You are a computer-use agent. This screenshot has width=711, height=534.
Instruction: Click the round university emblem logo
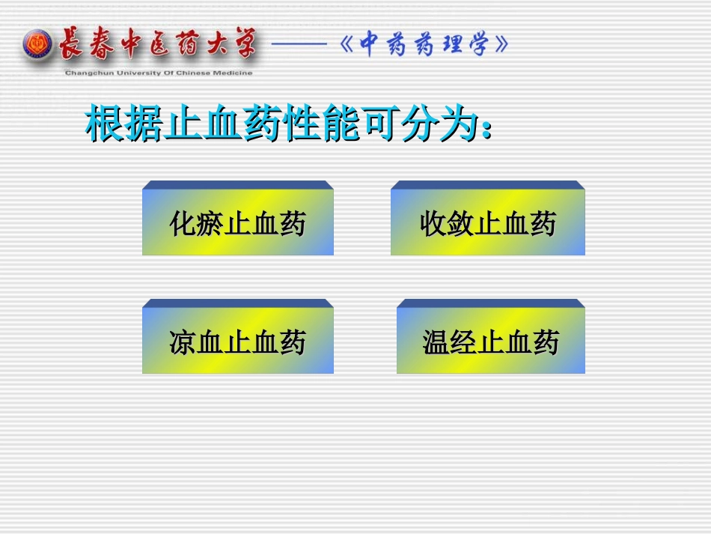(x=38, y=45)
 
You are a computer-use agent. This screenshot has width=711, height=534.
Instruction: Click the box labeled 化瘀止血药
(x=237, y=222)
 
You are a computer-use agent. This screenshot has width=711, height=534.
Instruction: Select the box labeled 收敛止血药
(x=487, y=222)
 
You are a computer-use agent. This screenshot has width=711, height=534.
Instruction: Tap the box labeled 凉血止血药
(x=237, y=341)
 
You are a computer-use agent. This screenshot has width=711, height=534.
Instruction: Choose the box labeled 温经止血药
(x=490, y=341)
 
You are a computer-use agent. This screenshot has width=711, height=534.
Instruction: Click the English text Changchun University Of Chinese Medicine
(x=159, y=73)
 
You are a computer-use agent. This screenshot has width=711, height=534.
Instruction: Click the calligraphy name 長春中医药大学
(x=157, y=43)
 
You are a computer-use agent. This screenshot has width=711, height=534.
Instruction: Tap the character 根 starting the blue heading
(x=104, y=124)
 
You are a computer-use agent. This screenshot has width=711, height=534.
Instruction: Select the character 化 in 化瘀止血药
(x=183, y=223)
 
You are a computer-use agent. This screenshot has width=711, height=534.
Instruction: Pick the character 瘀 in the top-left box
(x=210, y=223)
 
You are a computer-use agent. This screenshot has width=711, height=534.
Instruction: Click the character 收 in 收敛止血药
(x=433, y=223)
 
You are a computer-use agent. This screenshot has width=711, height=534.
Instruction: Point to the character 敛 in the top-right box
(x=460, y=223)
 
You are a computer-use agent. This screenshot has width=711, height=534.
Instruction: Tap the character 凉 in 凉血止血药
(x=183, y=342)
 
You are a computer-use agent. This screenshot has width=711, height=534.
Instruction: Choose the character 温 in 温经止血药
(x=436, y=342)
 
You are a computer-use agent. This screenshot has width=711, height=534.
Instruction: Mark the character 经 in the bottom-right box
(x=463, y=342)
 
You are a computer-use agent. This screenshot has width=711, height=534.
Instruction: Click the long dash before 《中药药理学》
(x=299, y=45)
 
